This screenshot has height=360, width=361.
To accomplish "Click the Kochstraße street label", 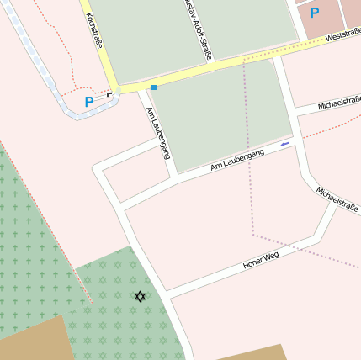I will point(93,29).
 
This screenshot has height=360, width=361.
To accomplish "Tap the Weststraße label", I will point(342,36).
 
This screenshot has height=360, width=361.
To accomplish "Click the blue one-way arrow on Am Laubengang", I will point(284,144).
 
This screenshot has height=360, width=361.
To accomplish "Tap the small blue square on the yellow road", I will point(154,87).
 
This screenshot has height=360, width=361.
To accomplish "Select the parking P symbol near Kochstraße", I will point(89,102).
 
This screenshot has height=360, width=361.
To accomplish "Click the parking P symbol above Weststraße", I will point(315,13).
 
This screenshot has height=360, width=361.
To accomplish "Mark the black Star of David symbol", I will point(140,296).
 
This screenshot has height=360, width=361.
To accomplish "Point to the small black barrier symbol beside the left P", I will point(109,95).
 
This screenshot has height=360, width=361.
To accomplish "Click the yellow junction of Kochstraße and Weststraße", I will point(114,87).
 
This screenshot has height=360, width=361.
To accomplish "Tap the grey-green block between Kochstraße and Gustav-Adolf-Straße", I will point(139,38).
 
